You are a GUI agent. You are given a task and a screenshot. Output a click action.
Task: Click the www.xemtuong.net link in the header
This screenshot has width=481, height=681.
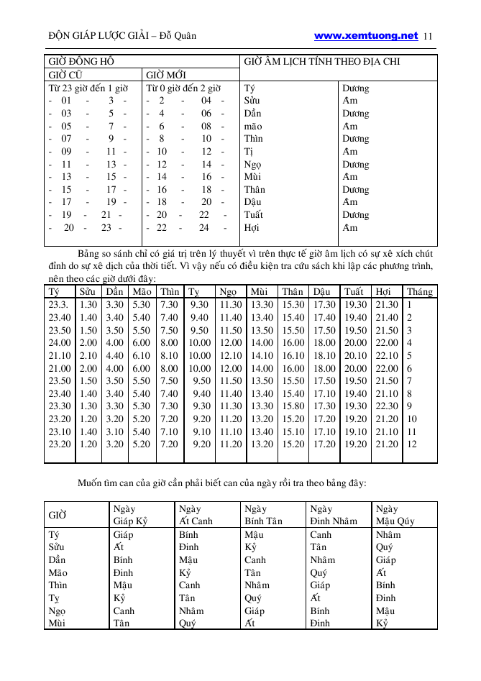click(x=366, y=35)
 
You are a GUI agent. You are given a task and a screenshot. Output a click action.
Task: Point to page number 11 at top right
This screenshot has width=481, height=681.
click(x=429, y=36)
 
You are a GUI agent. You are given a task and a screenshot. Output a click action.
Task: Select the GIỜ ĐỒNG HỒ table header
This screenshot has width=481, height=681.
click(x=81, y=61)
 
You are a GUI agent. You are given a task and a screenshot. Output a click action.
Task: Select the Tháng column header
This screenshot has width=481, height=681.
click(x=419, y=292)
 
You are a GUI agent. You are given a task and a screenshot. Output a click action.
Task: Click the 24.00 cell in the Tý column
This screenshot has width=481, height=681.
click(x=60, y=343)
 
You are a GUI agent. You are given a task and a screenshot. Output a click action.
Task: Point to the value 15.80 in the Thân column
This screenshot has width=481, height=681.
click(x=293, y=406)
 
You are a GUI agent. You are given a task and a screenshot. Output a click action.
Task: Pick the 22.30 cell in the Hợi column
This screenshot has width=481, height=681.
click(x=387, y=406)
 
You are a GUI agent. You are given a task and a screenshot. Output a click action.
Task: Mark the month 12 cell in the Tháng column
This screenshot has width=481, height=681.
click(x=412, y=444)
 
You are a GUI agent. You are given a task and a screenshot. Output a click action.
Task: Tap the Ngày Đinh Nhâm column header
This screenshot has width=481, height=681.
click(x=334, y=515)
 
